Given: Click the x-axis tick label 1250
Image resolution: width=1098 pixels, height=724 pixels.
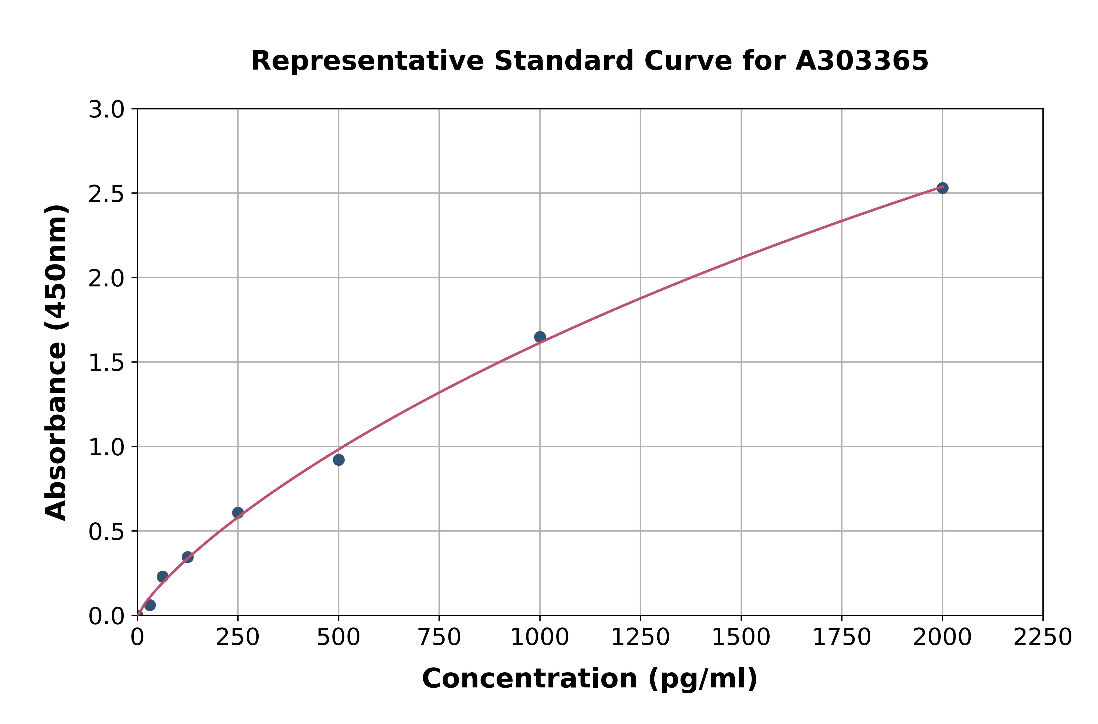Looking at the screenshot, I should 640,638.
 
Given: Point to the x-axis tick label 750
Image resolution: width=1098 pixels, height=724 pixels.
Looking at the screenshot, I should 439,638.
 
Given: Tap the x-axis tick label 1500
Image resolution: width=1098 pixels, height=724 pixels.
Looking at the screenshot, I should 741,638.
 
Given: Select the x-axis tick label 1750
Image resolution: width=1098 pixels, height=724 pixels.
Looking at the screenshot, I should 842,638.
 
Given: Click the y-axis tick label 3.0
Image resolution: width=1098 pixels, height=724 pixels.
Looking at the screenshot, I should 106,110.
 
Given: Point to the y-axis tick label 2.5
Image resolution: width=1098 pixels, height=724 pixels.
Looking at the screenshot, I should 106,194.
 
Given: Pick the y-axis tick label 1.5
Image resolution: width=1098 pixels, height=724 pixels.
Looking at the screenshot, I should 106,363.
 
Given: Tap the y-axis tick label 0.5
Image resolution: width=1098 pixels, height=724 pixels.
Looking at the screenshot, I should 106,532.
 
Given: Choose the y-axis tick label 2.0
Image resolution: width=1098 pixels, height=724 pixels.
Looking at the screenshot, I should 106,278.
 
